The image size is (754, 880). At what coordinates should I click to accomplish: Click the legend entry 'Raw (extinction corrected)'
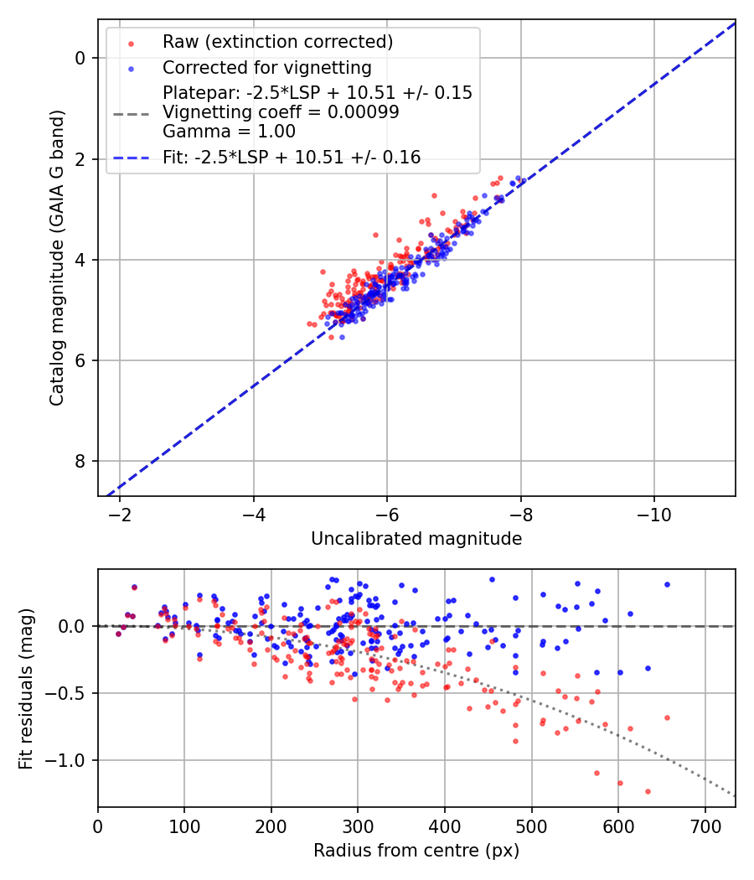point(277,42)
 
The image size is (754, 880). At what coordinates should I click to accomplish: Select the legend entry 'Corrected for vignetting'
point(266,67)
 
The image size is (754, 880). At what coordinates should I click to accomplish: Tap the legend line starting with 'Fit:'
point(292,157)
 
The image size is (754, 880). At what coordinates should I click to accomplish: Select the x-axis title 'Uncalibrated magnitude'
point(416,539)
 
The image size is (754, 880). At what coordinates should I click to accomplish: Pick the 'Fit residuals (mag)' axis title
point(26,688)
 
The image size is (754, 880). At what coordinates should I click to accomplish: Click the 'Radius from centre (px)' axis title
point(416,851)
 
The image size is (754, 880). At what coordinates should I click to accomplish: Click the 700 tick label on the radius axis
point(705,826)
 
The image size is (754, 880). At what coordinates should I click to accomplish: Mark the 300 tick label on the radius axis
point(358,826)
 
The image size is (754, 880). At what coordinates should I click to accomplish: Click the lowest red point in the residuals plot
point(648,791)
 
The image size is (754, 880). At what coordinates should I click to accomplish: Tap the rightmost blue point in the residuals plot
point(667,584)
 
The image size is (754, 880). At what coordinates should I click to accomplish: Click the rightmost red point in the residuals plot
point(667,717)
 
